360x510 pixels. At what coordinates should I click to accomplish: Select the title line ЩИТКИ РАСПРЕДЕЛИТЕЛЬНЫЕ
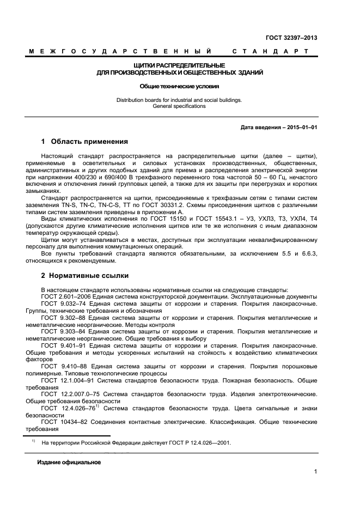tap(179, 65)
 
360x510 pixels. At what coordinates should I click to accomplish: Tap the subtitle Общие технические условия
tap(179, 86)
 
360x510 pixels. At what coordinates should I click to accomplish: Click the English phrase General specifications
tap(179, 106)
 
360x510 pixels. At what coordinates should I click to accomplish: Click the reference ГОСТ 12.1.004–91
tap(69, 381)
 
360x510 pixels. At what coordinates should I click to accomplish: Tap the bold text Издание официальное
tap(69, 463)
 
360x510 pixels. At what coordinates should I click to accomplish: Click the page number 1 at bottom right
tap(315, 472)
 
